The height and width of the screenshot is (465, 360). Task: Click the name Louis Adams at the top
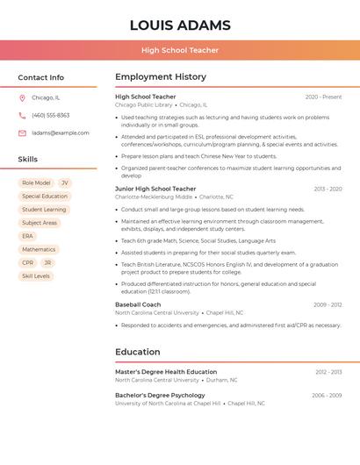pos(180,25)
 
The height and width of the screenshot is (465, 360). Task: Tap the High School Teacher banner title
pos(180,50)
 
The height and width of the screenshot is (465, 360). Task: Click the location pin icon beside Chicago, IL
pos(22,98)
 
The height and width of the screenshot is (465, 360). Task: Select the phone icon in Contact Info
pos(22,116)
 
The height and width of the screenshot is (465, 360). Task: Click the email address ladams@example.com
pos(61,133)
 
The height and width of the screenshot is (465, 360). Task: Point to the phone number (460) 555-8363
pos(51,116)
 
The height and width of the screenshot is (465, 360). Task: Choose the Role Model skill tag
pos(36,183)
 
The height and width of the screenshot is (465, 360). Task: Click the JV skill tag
pos(65,183)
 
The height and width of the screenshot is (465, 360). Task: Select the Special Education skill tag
pos(45,197)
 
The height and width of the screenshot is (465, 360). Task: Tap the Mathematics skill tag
pos(39,250)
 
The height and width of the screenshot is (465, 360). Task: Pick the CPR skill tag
pos(28,263)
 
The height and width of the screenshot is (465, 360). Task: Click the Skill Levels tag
pos(36,276)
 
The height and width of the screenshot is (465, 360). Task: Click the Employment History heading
pos(161,77)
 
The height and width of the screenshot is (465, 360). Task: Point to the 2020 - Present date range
pos(323,97)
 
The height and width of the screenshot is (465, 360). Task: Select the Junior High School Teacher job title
pos(155,189)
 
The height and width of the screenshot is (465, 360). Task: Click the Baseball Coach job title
pos(138,304)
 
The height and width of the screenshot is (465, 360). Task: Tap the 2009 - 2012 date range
pos(328,304)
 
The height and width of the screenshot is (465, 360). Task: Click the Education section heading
pos(138,352)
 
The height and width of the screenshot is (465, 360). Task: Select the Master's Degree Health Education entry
pos(166,372)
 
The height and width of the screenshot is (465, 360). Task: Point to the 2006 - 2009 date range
pos(327,396)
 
